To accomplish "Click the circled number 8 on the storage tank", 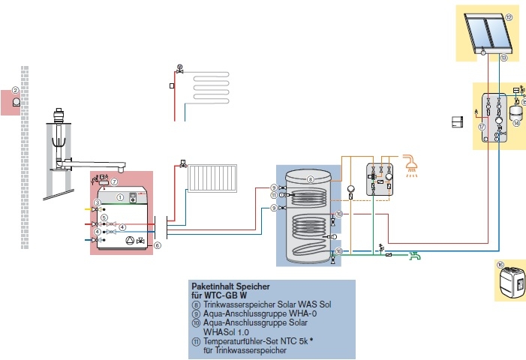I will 309,179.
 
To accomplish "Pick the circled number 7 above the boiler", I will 113,181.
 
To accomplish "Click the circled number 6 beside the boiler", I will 158,244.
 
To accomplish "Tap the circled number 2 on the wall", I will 15,90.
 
